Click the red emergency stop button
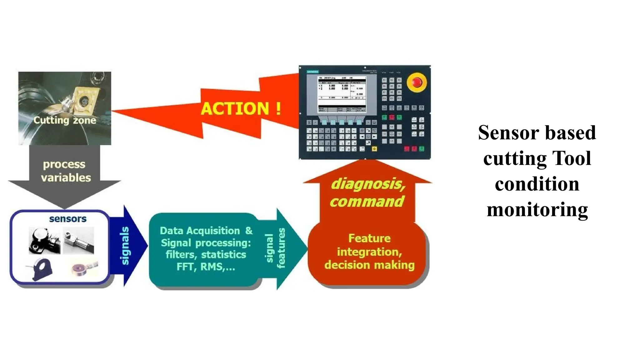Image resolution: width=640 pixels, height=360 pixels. click(x=417, y=82)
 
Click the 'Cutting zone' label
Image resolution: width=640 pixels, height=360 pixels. click(x=65, y=120)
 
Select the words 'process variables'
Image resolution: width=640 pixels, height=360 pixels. click(x=65, y=171)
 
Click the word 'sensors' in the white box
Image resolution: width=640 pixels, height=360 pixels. click(x=68, y=219)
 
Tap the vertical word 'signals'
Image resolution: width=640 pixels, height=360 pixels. click(x=125, y=246)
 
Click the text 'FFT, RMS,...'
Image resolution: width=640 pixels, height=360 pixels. click(x=206, y=267)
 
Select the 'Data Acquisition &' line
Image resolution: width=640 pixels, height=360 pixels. click(x=206, y=231)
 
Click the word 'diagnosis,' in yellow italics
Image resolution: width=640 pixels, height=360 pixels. click(x=368, y=184)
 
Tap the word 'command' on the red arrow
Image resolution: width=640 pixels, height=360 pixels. click(x=367, y=202)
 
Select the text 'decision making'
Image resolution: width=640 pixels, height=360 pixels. click(x=369, y=265)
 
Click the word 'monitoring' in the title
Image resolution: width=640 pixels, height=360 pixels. click(x=537, y=209)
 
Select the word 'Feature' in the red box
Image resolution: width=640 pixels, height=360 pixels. click(x=369, y=238)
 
